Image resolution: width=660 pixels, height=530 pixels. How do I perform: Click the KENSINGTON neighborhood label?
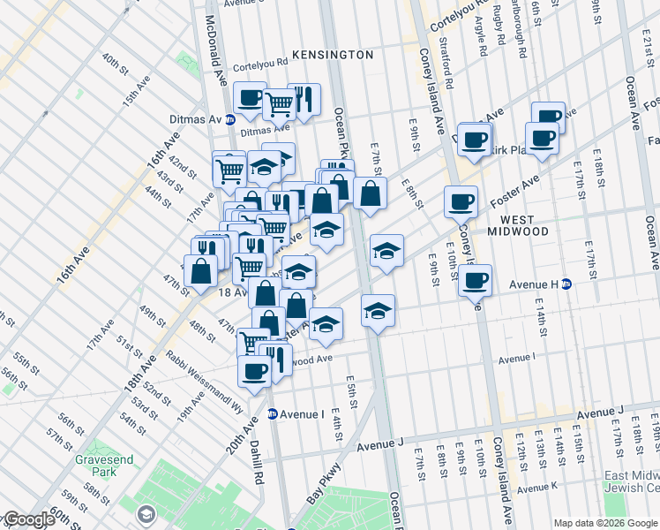(333, 55)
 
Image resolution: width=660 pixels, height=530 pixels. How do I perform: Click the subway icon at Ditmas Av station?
(230, 119)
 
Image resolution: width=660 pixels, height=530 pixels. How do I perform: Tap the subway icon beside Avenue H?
(567, 284)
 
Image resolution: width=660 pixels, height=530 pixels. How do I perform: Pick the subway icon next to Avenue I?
(273, 413)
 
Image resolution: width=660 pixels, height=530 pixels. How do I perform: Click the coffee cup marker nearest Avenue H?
(476, 282)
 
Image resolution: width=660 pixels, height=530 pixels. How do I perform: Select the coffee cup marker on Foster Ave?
(461, 202)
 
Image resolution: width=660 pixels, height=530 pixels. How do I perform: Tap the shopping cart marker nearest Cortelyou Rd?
(280, 103)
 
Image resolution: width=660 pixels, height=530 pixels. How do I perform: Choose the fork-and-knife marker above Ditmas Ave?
(304, 100)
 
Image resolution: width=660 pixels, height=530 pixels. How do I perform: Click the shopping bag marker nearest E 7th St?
(371, 193)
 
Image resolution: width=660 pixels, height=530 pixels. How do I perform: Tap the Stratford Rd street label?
(449, 70)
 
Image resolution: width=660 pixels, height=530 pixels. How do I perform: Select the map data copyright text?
(605, 523)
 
